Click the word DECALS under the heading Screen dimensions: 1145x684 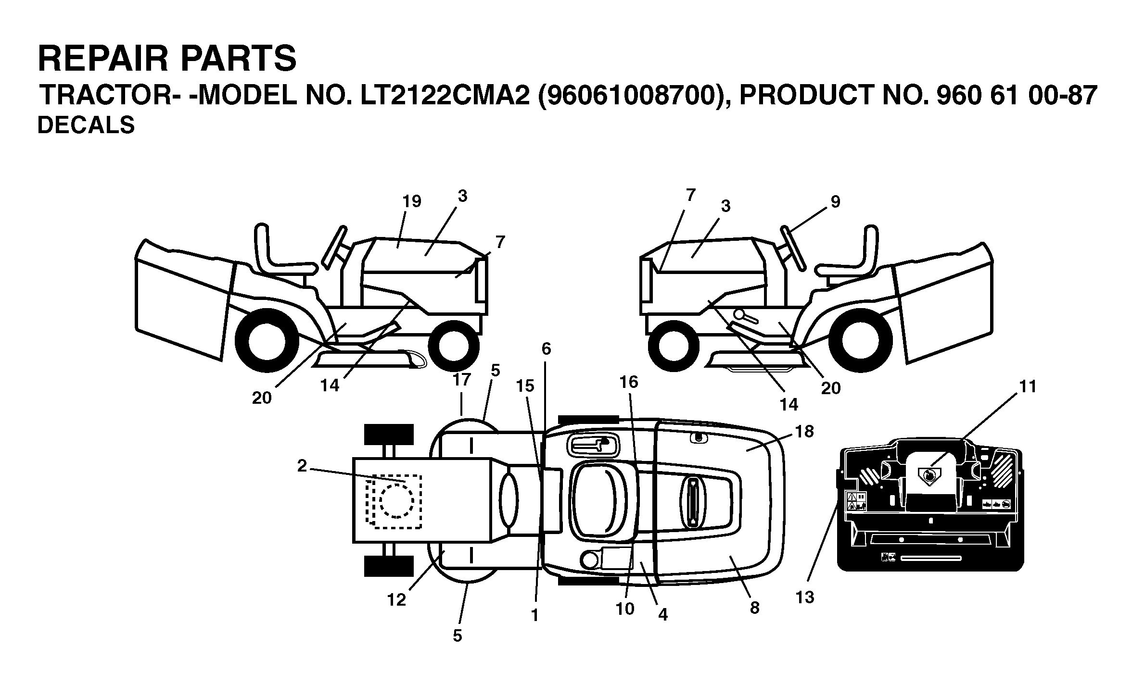(86, 125)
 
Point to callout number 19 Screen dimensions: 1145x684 (411, 201)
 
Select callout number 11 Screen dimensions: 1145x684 (1028, 386)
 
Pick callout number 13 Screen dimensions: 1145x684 (805, 597)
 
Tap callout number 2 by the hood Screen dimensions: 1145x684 (302, 466)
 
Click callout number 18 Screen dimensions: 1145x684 (804, 432)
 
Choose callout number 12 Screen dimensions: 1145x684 (397, 600)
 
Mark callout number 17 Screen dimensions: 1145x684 (461, 380)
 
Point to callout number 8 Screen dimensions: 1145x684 (754, 608)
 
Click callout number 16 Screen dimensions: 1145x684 (628, 382)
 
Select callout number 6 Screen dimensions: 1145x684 (546, 349)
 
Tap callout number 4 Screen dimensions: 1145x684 (663, 614)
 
